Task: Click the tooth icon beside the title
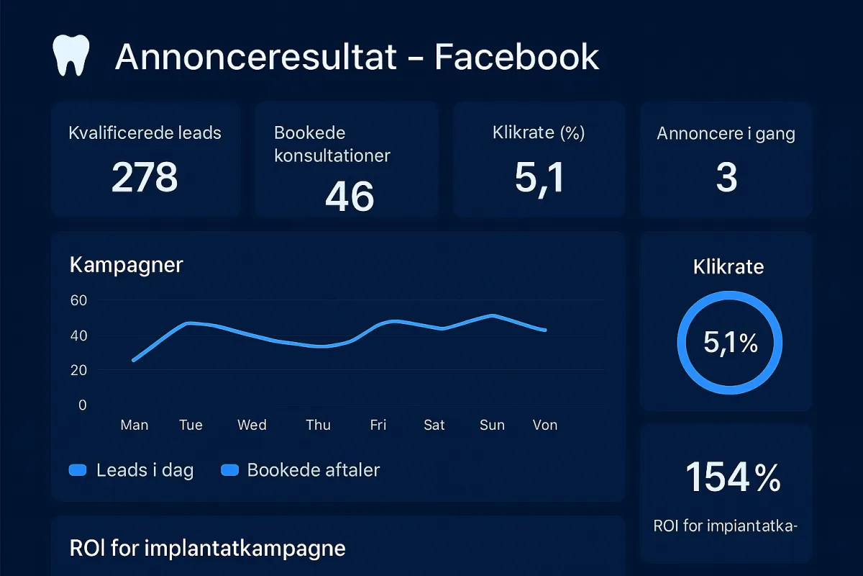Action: (71, 56)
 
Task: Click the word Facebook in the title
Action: (516, 57)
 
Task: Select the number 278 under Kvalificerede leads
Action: (145, 176)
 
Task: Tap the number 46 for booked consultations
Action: (350, 196)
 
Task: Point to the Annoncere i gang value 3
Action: (726, 177)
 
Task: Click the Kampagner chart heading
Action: (127, 265)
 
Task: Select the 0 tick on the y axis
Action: (82, 405)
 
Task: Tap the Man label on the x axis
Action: (134, 425)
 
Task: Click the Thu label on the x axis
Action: (318, 425)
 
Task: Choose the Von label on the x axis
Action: (545, 425)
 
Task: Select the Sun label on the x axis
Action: (492, 425)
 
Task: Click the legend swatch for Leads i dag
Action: (77, 471)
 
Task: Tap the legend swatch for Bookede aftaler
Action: (229, 471)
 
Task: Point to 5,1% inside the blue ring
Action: (730, 343)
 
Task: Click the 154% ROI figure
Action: (732, 477)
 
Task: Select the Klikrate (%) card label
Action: (539, 132)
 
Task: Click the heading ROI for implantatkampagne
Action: (207, 549)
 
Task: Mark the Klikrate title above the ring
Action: (729, 267)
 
